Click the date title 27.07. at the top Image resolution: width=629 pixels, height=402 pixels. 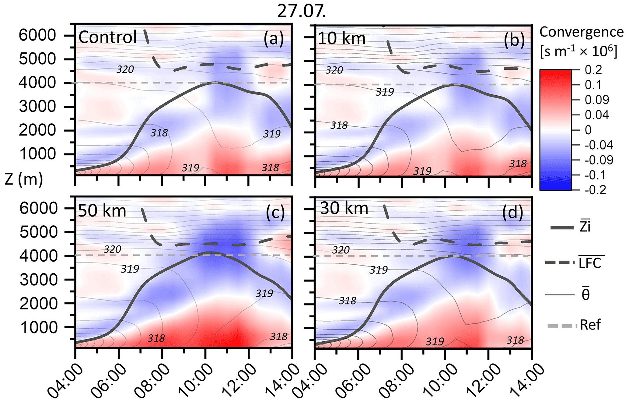click(x=301, y=12)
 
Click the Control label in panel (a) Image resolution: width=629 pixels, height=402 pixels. click(x=108, y=37)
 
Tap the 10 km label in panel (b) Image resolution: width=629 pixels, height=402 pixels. click(x=341, y=39)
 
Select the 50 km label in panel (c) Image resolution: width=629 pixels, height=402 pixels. click(x=102, y=211)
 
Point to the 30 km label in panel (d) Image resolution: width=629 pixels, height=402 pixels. click(x=344, y=209)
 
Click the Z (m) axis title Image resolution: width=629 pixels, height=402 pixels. click(x=24, y=179)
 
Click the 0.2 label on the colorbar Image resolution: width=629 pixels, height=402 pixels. click(x=593, y=70)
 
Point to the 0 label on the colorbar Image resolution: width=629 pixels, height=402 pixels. click(x=588, y=130)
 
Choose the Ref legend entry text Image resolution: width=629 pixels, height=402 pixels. click(x=590, y=325)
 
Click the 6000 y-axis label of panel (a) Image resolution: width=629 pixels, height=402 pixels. click(x=37, y=35)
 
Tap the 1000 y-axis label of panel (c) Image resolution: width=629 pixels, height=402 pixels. click(x=39, y=328)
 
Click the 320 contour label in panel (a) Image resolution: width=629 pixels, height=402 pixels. click(x=125, y=69)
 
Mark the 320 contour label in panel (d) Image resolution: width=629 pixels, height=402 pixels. click(x=341, y=250)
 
